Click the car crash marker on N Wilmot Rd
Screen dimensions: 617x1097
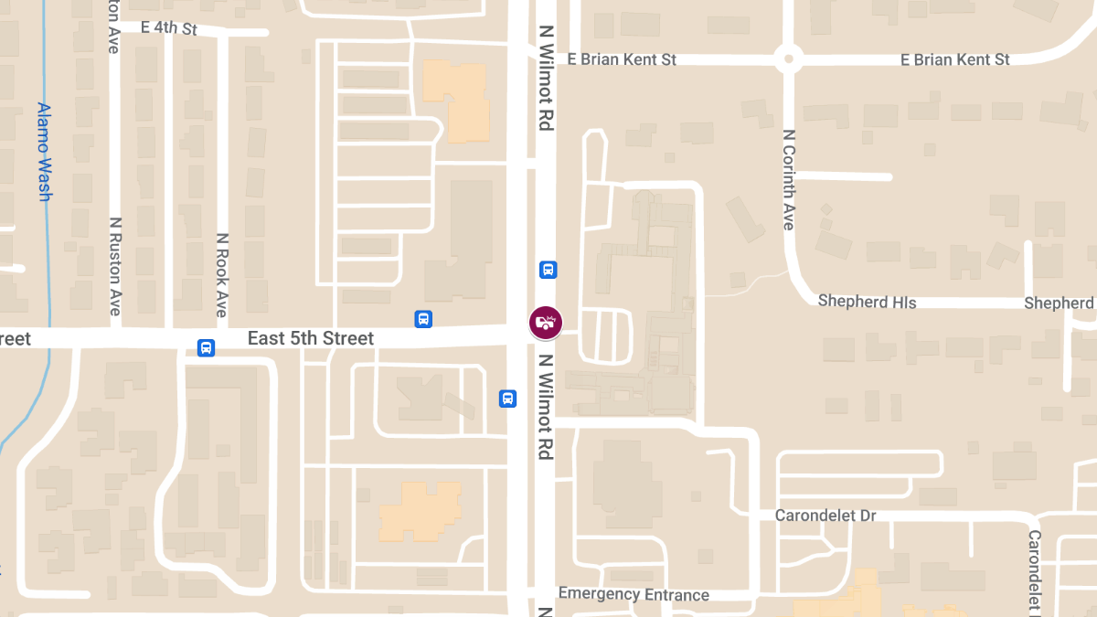click(546, 322)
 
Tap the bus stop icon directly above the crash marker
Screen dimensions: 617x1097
click(548, 270)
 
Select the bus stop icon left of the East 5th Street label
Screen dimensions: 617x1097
click(207, 348)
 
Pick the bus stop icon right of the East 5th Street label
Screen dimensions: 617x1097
click(423, 319)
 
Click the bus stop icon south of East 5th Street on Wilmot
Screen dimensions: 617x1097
click(507, 399)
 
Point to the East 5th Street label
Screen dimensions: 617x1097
click(311, 339)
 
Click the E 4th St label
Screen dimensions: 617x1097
click(169, 28)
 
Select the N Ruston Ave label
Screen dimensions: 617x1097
click(114, 266)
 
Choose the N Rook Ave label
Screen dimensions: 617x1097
click(221, 274)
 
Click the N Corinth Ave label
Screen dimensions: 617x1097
click(789, 179)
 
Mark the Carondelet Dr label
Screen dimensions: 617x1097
click(825, 516)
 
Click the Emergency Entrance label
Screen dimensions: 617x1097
click(634, 595)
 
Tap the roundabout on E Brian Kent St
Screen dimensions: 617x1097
click(788, 59)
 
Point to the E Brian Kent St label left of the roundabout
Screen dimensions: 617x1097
click(622, 59)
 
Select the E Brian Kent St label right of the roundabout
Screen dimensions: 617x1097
click(955, 59)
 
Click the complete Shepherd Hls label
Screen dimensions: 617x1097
click(867, 301)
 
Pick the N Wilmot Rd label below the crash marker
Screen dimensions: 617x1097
click(546, 407)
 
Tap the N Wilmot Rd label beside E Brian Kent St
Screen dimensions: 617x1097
click(547, 78)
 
